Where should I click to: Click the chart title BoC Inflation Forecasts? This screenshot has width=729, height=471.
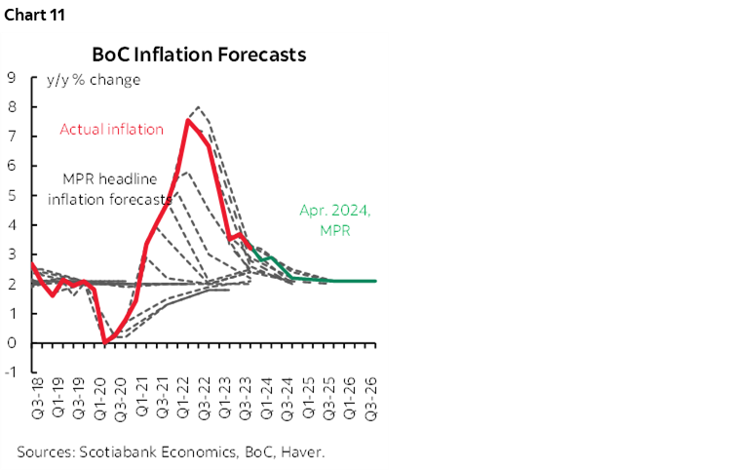point(199,55)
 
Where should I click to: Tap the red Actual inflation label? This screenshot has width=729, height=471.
point(111,129)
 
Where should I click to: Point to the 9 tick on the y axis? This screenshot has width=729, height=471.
point(10,77)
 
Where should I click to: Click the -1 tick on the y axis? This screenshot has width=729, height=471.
point(10,372)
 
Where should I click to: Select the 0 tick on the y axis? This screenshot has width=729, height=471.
point(10,342)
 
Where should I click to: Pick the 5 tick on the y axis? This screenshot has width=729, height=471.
point(10,195)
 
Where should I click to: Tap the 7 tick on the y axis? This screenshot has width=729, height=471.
point(10,136)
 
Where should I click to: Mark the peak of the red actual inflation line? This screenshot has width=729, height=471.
point(187,121)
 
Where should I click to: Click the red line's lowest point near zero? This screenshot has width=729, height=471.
point(105,341)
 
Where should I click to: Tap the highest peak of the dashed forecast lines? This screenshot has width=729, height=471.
point(199,106)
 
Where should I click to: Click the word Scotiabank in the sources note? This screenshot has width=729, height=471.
point(116,451)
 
